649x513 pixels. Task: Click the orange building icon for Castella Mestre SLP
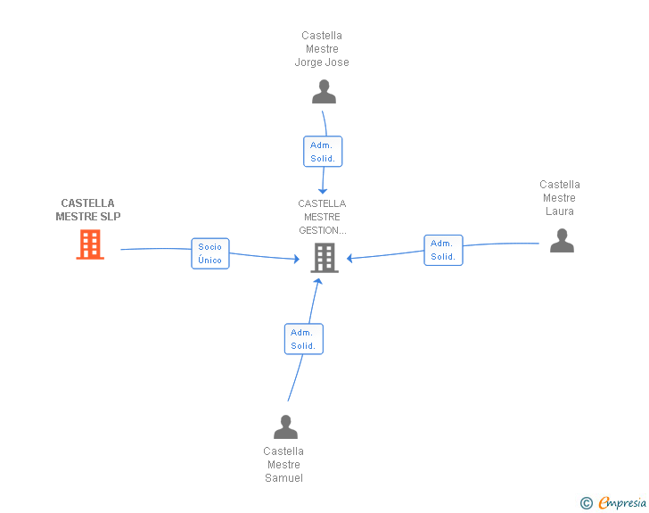[90, 244]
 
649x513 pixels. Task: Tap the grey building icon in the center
[324, 258]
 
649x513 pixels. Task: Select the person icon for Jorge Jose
[324, 92]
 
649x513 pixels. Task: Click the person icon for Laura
[562, 240]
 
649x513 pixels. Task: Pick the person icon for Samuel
[285, 427]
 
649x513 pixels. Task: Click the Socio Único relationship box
[210, 253]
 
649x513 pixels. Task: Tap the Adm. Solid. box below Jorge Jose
[323, 152]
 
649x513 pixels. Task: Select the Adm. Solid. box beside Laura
[443, 250]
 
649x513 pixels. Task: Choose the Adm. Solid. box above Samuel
[303, 339]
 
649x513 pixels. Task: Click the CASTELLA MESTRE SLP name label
[88, 210]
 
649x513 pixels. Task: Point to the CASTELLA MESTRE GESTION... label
[322, 217]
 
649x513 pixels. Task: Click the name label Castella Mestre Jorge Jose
[322, 49]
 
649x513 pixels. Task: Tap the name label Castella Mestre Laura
[560, 198]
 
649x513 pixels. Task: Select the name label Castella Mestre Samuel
[283, 465]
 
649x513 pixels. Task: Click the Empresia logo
[622, 503]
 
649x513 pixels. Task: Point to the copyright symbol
[587, 503]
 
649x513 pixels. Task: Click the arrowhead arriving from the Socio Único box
[296, 260]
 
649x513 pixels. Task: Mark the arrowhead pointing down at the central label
[323, 190]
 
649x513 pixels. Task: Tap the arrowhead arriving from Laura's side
[350, 259]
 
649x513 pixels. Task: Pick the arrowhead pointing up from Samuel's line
[317, 282]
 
